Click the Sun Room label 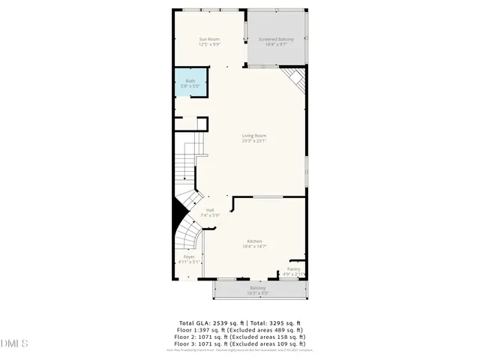click(209, 39)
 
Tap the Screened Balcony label click(276, 39)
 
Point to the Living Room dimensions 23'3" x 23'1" click(254, 141)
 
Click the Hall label click(200, 210)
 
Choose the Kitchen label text click(254, 241)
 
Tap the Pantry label click(294, 269)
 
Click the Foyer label click(189, 256)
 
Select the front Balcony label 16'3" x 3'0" click(257, 292)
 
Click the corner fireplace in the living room click(295, 78)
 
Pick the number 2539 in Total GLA click(226, 323)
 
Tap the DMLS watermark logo click(14, 343)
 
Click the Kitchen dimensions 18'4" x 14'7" click(254, 246)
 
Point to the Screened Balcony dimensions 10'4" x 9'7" click(276, 44)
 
